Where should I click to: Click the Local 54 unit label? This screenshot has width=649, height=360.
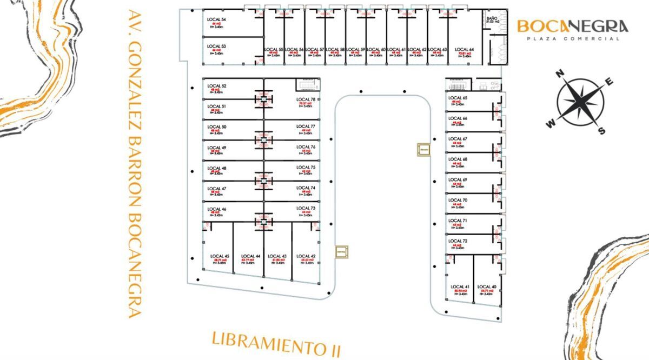point(216,19)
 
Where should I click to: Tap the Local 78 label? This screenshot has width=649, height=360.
point(306,99)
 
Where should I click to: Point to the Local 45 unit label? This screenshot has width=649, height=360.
point(220,256)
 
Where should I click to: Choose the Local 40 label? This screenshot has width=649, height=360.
point(487,286)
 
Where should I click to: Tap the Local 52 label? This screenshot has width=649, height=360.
point(216,86)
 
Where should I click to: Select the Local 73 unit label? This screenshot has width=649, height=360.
point(306,208)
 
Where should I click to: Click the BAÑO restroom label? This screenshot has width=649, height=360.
point(492,19)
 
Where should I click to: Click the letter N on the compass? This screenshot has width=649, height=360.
point(561,74)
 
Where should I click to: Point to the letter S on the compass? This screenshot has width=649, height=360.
point(601,131)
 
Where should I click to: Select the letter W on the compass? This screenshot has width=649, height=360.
point(551,124)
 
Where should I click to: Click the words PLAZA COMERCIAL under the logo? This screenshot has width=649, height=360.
point(573,39)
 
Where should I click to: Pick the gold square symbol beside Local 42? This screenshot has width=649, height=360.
point(342,251)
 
